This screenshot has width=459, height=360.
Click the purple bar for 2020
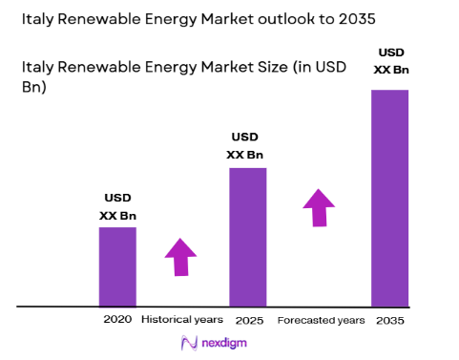117,266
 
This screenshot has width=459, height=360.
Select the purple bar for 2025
247,237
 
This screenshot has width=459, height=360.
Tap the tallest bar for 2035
389,198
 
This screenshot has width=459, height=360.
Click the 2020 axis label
117,319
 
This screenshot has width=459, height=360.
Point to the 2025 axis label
248,319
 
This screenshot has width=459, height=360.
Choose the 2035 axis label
389,319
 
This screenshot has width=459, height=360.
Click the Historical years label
181,319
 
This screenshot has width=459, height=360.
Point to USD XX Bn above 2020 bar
117,207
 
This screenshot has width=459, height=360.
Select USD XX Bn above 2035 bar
389,60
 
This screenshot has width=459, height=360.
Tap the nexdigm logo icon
189,343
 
